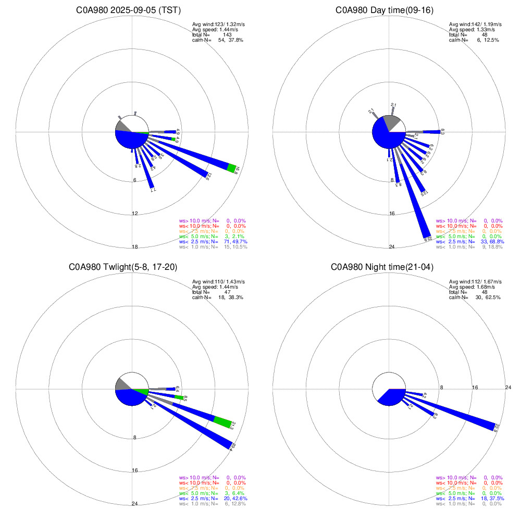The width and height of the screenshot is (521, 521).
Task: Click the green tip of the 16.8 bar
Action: (232, 167)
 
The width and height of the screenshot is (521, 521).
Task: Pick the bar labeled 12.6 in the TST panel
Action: (182, 160)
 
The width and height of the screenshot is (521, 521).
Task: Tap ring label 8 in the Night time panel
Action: (441, 387)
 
